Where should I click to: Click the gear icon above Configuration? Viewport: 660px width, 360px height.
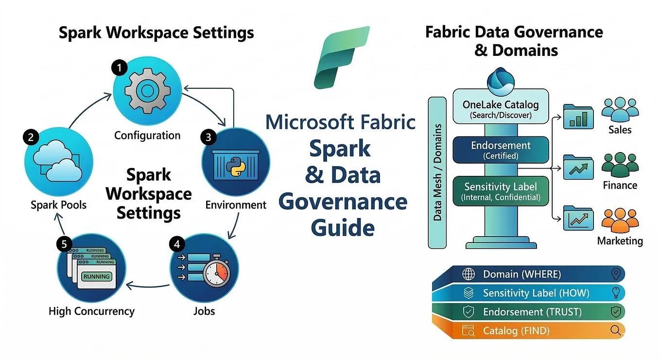click(x=147, y=91)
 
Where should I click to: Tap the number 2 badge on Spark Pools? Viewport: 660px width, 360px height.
click(x=31, y=137)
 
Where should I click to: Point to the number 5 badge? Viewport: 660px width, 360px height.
click(x=64, y=244)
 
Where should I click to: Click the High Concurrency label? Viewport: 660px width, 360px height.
click(x=92, y=311)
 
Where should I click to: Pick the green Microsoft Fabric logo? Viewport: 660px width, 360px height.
click(x=342, y=58)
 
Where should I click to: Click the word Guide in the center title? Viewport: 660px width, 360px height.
click(x=343, y=228)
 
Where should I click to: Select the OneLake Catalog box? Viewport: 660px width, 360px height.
click(x=501, y=106)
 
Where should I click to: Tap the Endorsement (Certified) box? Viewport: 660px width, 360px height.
click(x=501, y=150)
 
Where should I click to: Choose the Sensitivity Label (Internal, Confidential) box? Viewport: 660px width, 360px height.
click(x=501, y=191)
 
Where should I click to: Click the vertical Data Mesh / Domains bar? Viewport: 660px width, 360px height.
click(x=437, y=172)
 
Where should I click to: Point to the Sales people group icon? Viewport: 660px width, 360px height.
click(x=620, y=109)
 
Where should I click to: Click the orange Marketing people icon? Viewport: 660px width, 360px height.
click(x=620, y=221)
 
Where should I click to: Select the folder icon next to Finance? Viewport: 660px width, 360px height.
click(x=578, y=167)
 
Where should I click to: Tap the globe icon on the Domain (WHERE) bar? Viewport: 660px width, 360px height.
click(x=469, y=274)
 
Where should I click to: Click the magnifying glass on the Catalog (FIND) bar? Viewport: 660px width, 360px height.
click(x=616, y=330)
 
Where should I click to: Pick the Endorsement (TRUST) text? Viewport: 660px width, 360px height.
click(x=532, y=312)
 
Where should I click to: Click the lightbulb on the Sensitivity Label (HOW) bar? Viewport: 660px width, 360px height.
click(x=616, y=293)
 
